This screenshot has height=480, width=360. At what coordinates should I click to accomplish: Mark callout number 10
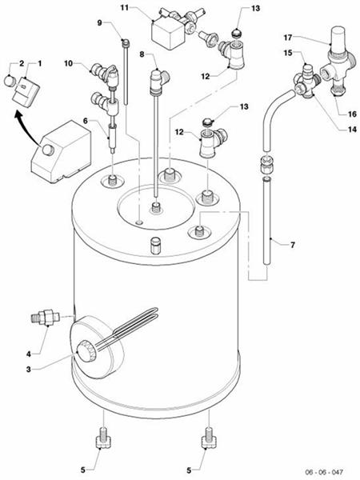[68, 62]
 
